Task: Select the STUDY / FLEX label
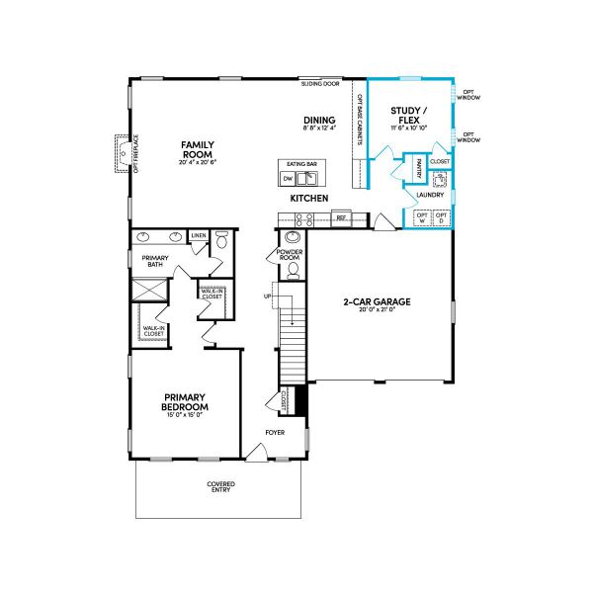tap(408, 115)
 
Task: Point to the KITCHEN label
tap(308, 199)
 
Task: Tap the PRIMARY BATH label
tap(154, 261)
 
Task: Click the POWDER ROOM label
tap(292, 256)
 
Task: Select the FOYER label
tap(275, 433)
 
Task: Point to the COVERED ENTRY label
tap(220, 487)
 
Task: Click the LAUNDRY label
tap(429, 195)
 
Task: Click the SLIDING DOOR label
tap(319, 85)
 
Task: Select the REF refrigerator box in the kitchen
tap(341, 216)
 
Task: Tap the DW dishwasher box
tap(288, 179)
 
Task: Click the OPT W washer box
tap(422, 217)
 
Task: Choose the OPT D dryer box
tap(442, 217)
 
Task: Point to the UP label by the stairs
tap(267, 296)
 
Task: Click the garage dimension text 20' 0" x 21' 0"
tap(377, 310)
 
